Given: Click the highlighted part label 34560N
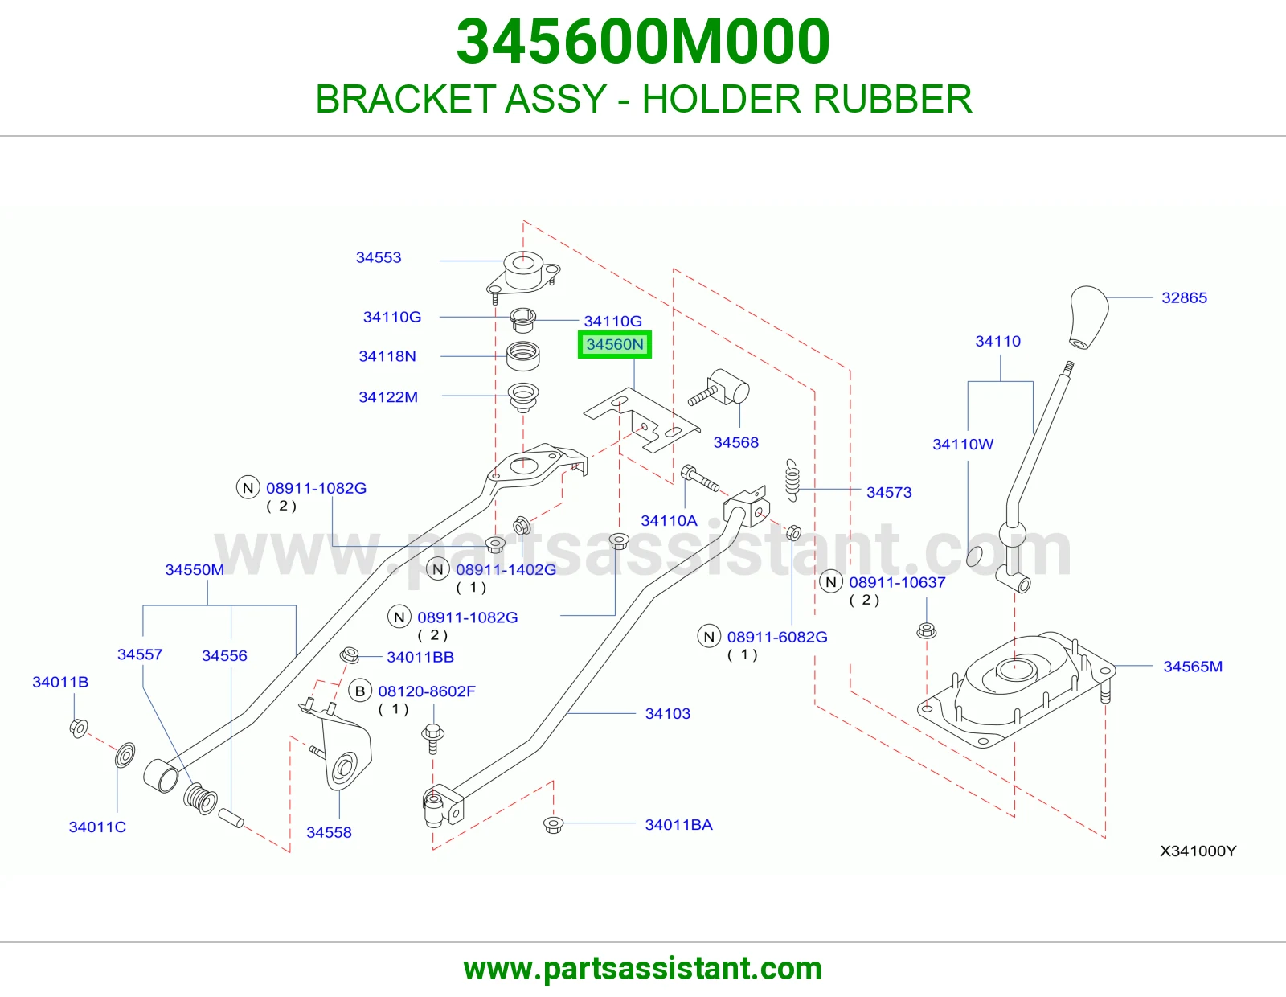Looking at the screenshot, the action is pos(614,345).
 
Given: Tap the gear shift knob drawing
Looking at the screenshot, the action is pos(1088,318).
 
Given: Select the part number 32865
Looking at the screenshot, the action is pos(1184,297).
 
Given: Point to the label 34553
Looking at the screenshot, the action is pos(379,257).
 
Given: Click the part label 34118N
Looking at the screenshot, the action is pos(387,356).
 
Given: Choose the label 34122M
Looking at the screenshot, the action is pos(387,397).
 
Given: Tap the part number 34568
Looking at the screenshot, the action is pos(735,443).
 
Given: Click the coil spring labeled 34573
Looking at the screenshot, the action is pos(792,480).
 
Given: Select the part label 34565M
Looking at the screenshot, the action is pos(1193,667).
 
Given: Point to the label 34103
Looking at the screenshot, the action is pos(668,713).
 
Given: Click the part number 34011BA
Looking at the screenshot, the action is pos(678,825).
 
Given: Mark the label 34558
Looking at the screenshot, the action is pos(329,832).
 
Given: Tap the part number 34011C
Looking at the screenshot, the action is pos(97,827).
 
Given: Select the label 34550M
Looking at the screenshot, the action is pos(195,570).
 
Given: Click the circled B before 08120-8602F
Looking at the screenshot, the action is pos(360,691).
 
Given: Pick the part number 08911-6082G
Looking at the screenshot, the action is pos(777,637).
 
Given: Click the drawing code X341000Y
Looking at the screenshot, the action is pos(1198,851).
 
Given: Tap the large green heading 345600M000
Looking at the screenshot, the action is pos(643,42).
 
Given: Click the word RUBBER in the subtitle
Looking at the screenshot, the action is pos(893,99).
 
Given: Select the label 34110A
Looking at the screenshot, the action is pos(669,521).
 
